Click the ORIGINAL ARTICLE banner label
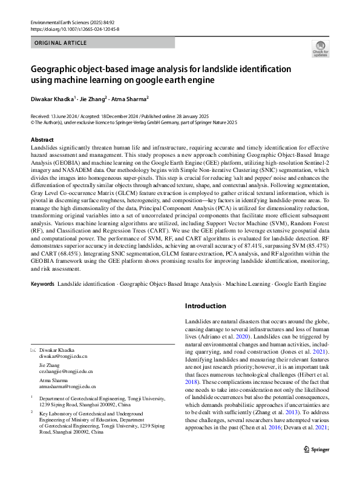(x=61, y=43)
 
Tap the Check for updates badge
(x=320, y=49)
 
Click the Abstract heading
(x=41, y=139)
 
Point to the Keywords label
(x=42, y=283)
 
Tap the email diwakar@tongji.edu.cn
(x=64, y=358)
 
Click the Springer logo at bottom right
(x=315, y=466)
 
